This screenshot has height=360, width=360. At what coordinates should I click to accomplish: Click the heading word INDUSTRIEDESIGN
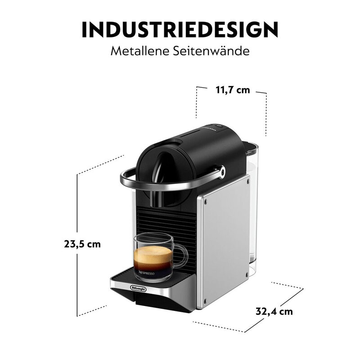(180, 29)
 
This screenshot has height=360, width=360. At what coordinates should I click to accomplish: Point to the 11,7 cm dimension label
(232, 90)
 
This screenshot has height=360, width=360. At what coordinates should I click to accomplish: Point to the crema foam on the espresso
(153, 250)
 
